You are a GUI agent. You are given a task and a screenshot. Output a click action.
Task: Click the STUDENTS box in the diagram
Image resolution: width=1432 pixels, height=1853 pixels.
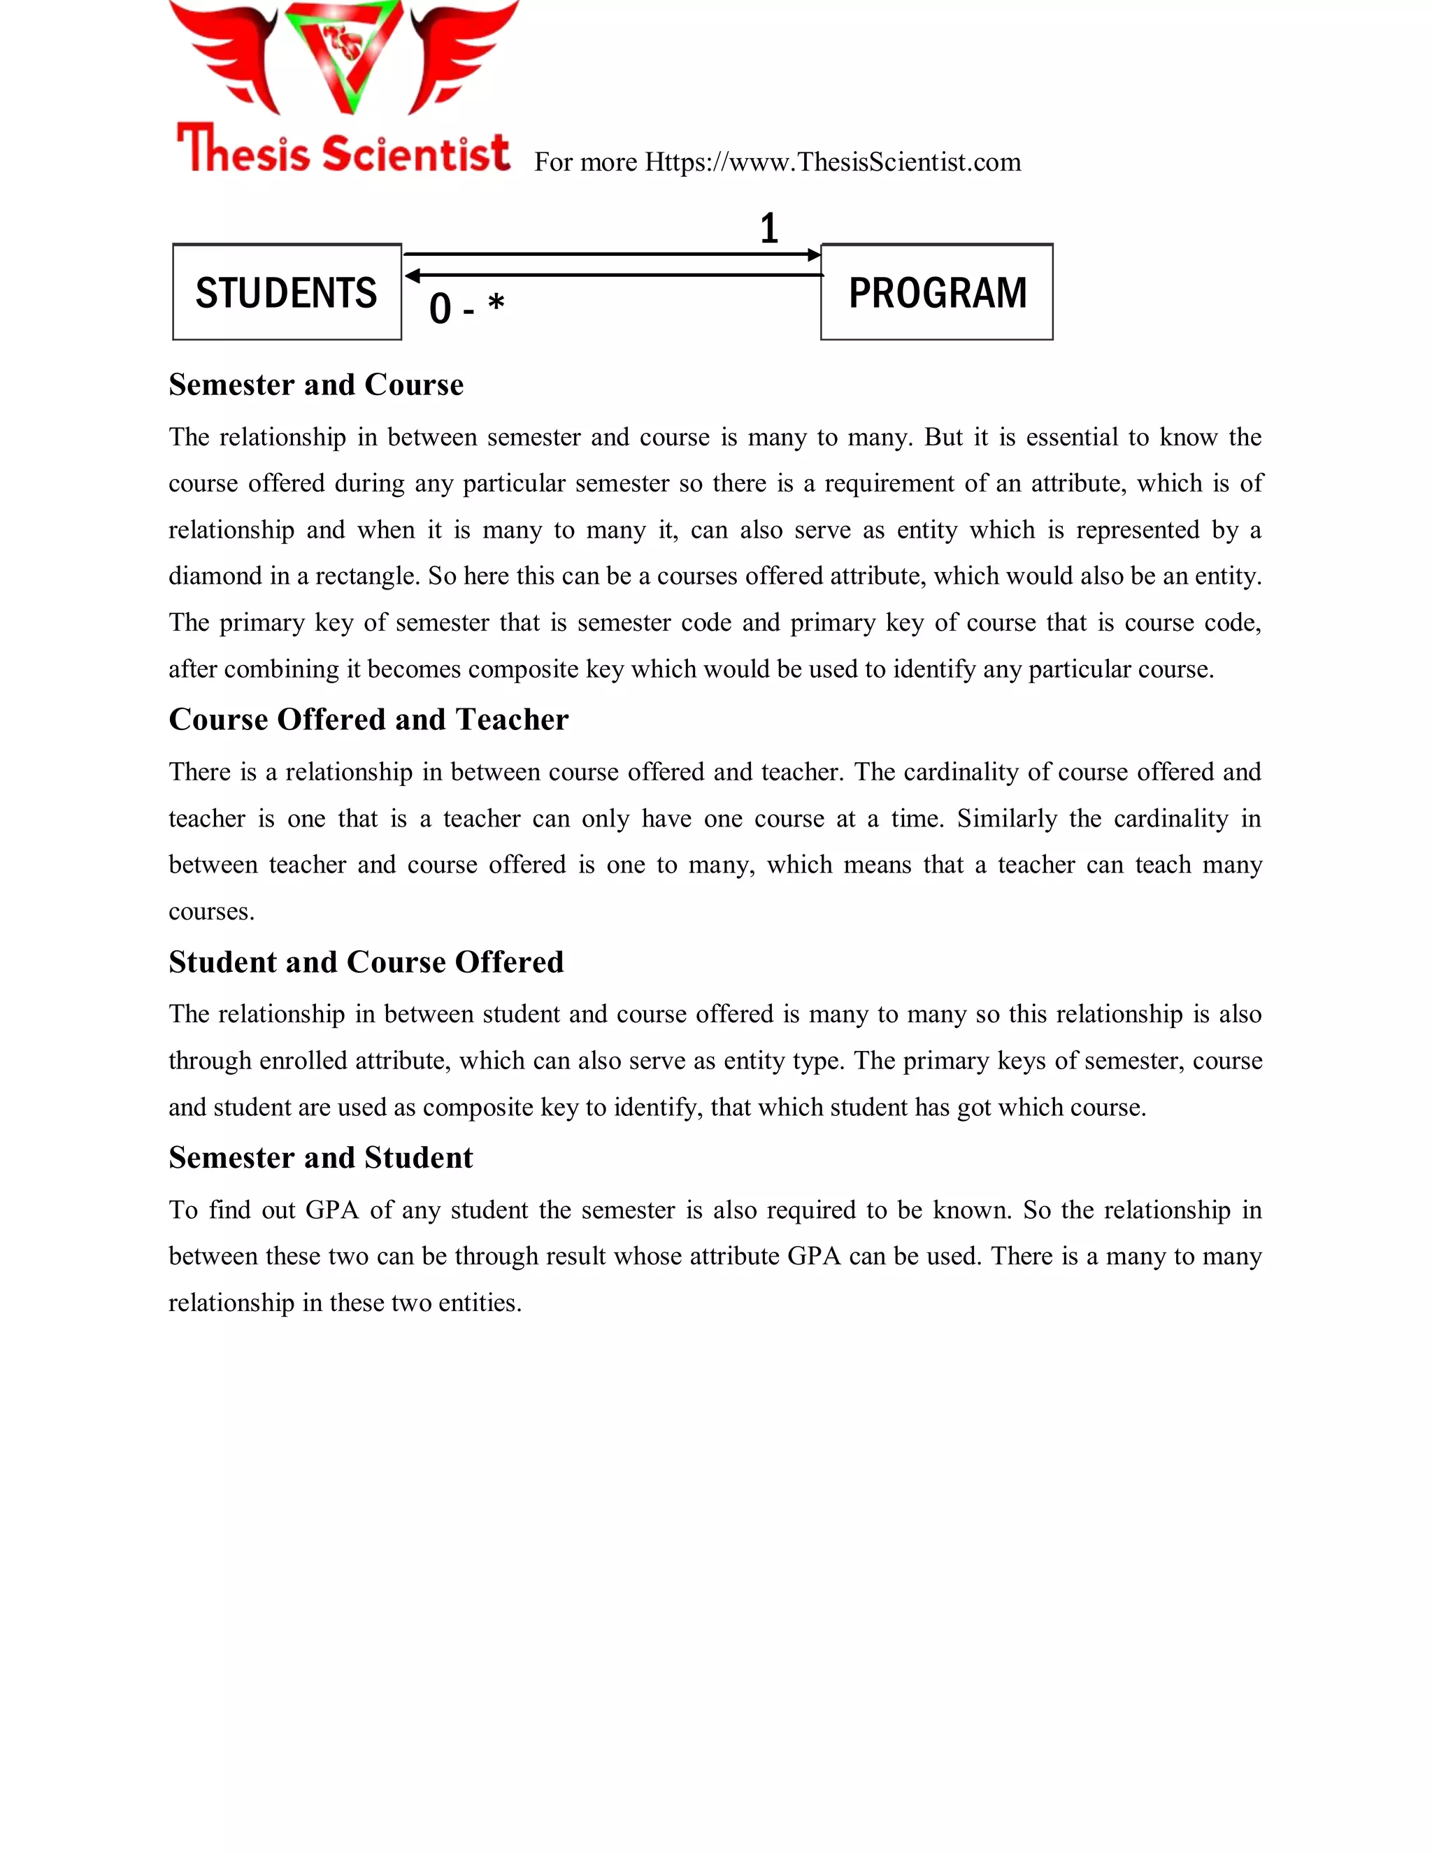coord(287,293)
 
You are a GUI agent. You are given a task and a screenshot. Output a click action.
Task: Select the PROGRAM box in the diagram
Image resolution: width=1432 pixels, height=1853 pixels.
coord(936,293)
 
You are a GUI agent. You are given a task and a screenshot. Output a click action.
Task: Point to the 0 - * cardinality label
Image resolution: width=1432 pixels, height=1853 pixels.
coord(466,307)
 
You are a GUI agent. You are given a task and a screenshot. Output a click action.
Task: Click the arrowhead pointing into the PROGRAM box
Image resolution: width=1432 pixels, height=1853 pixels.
coord(815,255)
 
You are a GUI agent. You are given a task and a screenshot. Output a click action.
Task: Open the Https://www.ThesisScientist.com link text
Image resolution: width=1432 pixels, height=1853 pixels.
coord(832,162)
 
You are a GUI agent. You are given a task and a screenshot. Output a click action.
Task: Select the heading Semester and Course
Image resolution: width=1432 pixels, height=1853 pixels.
coord(315,385)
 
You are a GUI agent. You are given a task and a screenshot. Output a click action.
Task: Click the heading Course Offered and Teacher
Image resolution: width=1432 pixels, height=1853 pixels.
coord(368,720)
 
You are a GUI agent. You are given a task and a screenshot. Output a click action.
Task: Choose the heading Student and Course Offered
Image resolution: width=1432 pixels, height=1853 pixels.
coord(366,962)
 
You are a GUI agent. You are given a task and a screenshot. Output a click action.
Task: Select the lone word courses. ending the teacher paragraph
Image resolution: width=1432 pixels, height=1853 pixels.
coord(211,912)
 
